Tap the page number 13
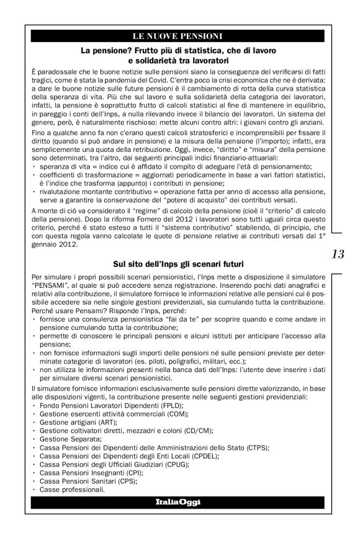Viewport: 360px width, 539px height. (338, 254)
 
